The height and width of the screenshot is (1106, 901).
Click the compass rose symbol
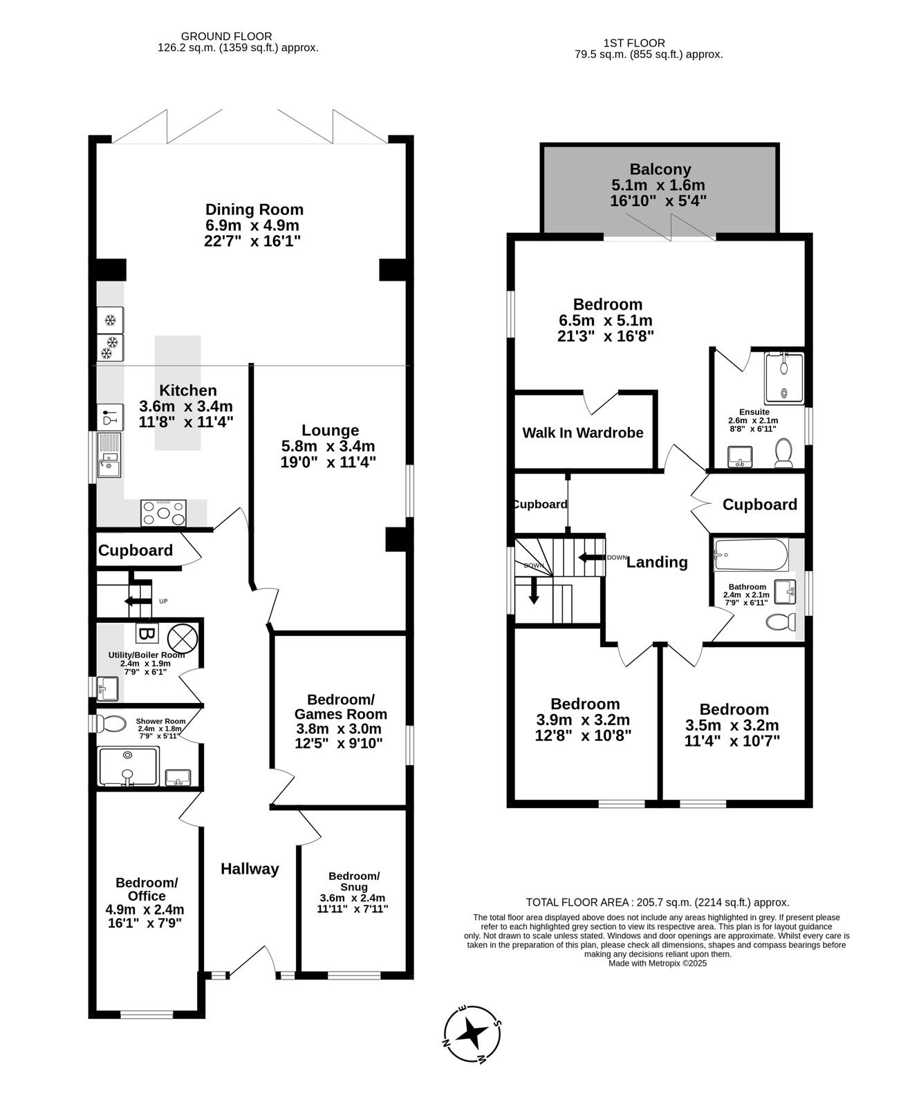click(472, 1034)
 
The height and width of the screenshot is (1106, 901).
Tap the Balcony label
click(660, 169)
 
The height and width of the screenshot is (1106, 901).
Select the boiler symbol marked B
click(147, 633)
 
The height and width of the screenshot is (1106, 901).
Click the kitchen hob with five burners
click(163, 513)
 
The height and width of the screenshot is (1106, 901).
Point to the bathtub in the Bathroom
click(752, 554)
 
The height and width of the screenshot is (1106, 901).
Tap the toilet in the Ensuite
click(783, 453)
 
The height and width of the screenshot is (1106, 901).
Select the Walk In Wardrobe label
click(583, 433)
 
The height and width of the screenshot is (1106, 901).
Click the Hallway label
click(250, 869)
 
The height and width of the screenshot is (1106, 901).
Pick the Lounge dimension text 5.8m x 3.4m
click(328, 446)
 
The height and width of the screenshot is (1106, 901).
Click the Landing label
click(657, 562)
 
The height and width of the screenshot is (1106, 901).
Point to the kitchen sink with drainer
click(109, 455)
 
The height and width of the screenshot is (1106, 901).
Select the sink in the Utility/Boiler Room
click(107, 688)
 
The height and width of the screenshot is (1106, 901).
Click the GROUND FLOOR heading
click(226, 37)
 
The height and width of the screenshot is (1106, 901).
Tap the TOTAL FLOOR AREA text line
click(658, 903)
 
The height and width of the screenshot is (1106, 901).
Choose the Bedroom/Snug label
click(354, 881)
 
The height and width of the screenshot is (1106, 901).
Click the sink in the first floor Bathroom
click(786, 592)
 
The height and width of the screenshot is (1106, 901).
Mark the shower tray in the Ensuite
click(784, 378)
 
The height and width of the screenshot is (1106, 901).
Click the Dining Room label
click(254, 209)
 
